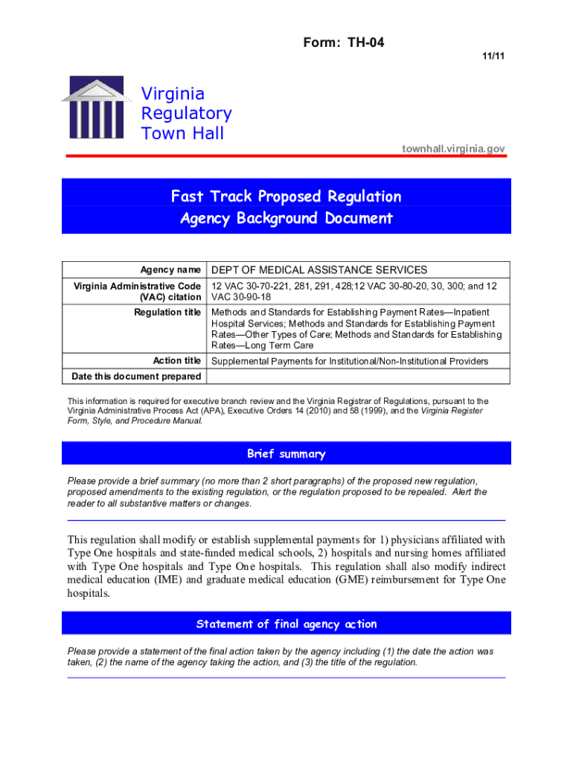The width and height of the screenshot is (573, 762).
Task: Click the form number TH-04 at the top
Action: coord(344,42)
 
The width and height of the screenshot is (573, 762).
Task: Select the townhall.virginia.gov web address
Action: coord(454,149)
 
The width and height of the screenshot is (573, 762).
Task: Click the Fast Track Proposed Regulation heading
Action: coord(286,196)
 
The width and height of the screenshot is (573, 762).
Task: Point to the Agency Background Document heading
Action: coord(286,219)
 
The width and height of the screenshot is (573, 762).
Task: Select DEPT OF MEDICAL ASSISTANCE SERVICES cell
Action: coord(319,269)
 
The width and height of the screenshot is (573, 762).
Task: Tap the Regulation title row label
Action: coord(167,312)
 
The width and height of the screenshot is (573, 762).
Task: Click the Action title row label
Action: coord(176,361)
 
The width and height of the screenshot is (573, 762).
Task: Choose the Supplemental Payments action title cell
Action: coord(350,362)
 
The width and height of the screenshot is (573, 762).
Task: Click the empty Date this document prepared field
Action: coord(358,376)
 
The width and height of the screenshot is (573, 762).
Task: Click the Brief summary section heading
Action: coord(286,454)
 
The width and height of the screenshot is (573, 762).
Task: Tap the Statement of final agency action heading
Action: coord(286,624)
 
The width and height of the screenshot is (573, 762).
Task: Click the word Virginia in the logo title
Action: coord(173,95)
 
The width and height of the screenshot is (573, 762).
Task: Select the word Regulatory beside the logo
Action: coord(186,114)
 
